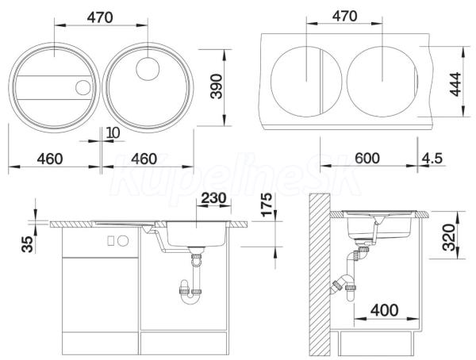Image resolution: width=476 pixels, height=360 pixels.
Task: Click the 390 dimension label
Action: pos(217,86)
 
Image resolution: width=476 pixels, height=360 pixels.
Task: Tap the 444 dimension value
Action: pos(455,84)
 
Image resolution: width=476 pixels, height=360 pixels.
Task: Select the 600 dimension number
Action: pos(367,158)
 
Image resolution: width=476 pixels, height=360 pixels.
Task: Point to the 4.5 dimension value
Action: pos(432,158)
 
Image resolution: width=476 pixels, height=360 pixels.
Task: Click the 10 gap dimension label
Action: pos(113,132)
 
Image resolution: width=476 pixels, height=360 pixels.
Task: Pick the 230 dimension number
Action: pos(213,198)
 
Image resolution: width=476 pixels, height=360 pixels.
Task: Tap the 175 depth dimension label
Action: pos(267,205)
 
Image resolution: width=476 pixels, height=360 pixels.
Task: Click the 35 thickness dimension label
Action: pos(27,244)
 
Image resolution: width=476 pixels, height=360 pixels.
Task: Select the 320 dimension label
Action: pos(449,237)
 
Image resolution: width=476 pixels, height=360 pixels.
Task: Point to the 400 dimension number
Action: pos(384,310)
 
